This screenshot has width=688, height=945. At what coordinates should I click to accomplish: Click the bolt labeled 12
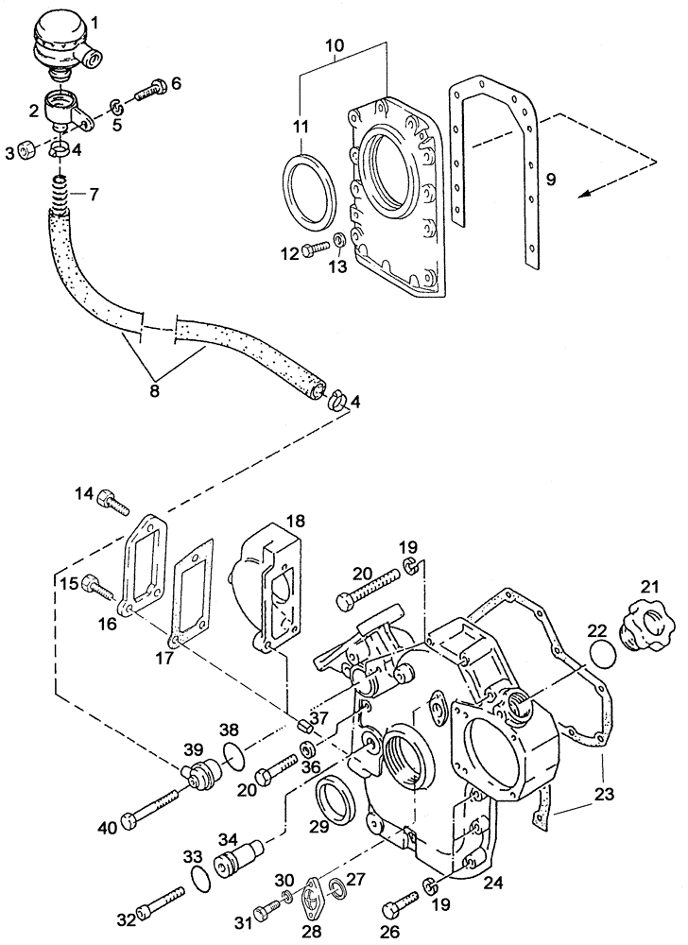(x=319, y=250)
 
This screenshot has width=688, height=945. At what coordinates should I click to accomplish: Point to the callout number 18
(x=295, y=522)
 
